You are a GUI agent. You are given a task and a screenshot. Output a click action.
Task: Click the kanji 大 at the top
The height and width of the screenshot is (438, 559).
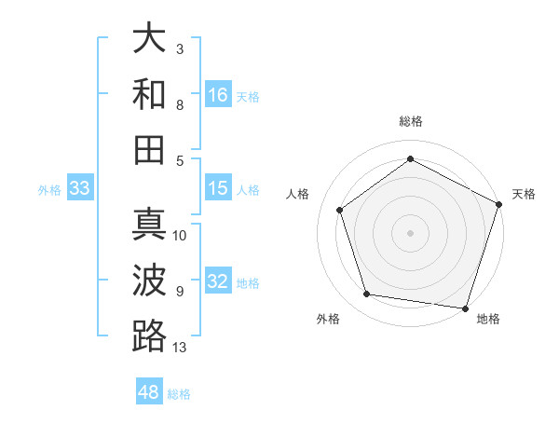pyautogui.click(x=150, y=39)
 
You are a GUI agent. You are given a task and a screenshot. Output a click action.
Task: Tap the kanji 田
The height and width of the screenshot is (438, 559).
pyautogui.click(x=150, y=148)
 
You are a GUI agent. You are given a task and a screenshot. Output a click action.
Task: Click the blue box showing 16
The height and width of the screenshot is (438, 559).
pyautogui.click(x=218, y=94)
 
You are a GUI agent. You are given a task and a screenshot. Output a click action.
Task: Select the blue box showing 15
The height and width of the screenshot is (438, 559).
pyautogui.click(x=218, y=188)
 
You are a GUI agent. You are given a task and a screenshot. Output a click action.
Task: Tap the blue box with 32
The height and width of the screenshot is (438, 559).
pyautogui.click(x=218, y=281)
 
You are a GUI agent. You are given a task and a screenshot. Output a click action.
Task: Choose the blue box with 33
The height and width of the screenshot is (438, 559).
pyautogui.click(x=79, y=188)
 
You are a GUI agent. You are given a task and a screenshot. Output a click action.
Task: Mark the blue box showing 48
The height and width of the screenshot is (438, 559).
pyautogui.click(x=149, y=392)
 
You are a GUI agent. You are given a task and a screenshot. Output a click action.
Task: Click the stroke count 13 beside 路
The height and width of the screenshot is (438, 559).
pyautogui.click(x=180, y=348)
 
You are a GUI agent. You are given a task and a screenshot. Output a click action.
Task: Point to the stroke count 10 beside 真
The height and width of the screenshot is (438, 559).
pyautogui.click(x=180, y=235)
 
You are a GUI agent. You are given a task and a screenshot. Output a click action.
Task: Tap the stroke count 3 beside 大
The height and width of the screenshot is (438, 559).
pyautogui.click(x=180, y=48)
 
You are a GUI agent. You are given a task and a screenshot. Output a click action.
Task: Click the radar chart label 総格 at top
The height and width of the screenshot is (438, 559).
pyautogui.click(x=410, y=121)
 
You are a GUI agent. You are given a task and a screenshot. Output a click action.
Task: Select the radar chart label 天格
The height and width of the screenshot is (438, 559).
pyautogui.click(x=524, y=194)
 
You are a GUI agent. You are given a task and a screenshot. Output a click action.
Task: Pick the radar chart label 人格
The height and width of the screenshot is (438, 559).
pyautogui.click(x=298, y=194)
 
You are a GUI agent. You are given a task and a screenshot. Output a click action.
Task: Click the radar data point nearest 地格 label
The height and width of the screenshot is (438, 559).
pyautogui.click(x=465, y=308)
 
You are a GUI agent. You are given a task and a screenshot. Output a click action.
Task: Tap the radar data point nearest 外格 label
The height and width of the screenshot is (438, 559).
pyautogui.click(x=367, y=294)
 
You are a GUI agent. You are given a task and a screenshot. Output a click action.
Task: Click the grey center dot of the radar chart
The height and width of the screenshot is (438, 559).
pyautogui.click(x=410, y=231)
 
